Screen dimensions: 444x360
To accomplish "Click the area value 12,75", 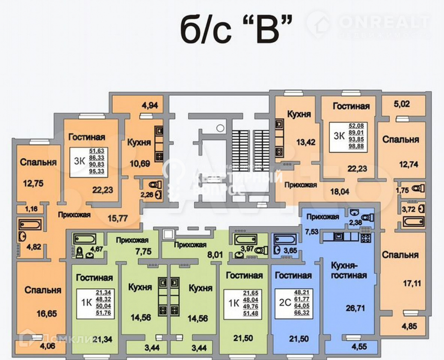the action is (x=33, y=183).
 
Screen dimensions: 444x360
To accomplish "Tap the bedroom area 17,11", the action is (x=400, y=284).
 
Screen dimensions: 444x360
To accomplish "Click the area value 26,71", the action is (x=353, y=308).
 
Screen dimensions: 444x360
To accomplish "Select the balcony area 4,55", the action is (x=358, y=347).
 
